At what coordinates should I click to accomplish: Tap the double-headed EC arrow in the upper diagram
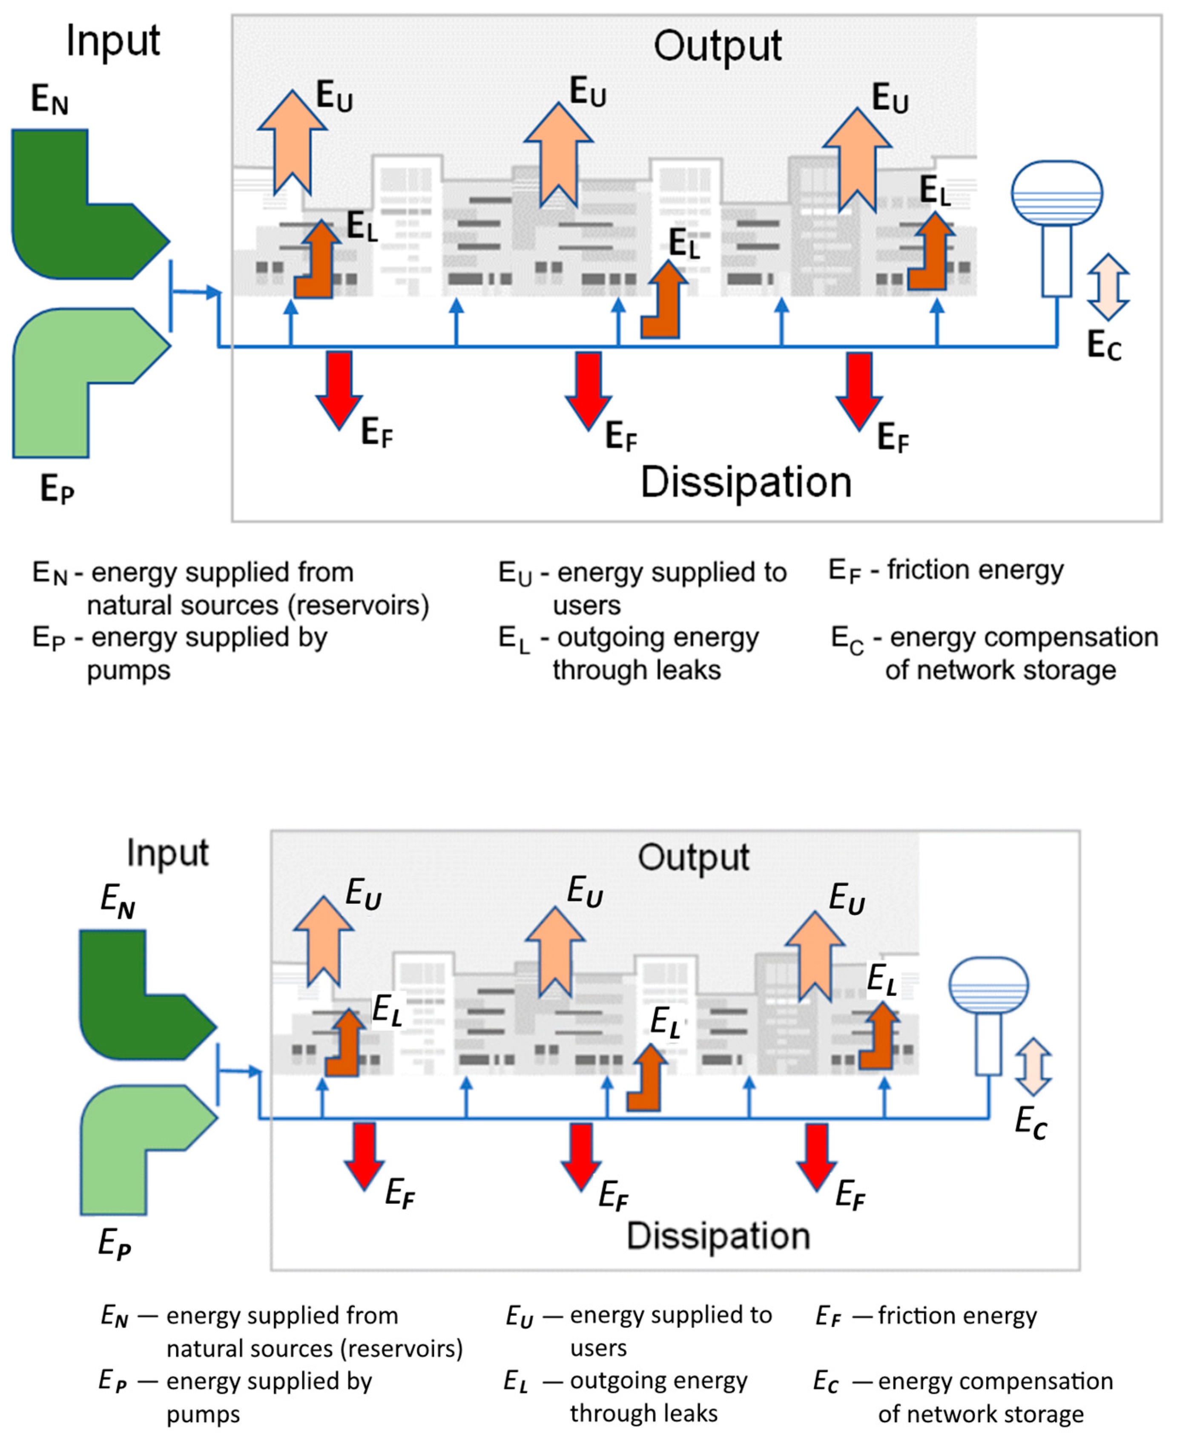pos(1108,286)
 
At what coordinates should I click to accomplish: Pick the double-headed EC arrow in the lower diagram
pos(1033,1067)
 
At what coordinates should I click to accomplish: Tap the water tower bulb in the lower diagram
pos(988,985)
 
